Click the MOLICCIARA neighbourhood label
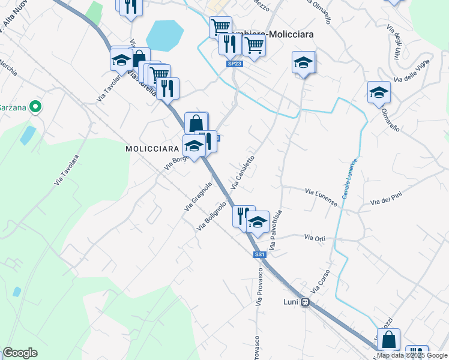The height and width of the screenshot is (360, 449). click(x=152, y=148)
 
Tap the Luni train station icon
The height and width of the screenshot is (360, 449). click(x=305, y=302)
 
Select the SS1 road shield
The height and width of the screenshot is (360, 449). click(x=259, y=255)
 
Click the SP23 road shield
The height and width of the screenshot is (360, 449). click(x=234, y=63)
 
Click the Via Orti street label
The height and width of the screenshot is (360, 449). click(x=315, y=238)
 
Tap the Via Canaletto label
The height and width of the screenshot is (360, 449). click(x=243, y=172)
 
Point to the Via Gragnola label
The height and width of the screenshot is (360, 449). click(x=199, y=196)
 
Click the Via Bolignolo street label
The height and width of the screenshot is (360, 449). click(x=212, y=216)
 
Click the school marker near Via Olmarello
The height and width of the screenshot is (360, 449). click(x=379, y=92)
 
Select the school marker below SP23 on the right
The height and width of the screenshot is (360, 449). click(x=303, y=62)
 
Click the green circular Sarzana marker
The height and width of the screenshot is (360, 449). click(x=35, y=107)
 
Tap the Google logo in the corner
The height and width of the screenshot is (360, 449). click(x=20, y=353)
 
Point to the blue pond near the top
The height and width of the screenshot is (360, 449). click(x=164, y=35)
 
